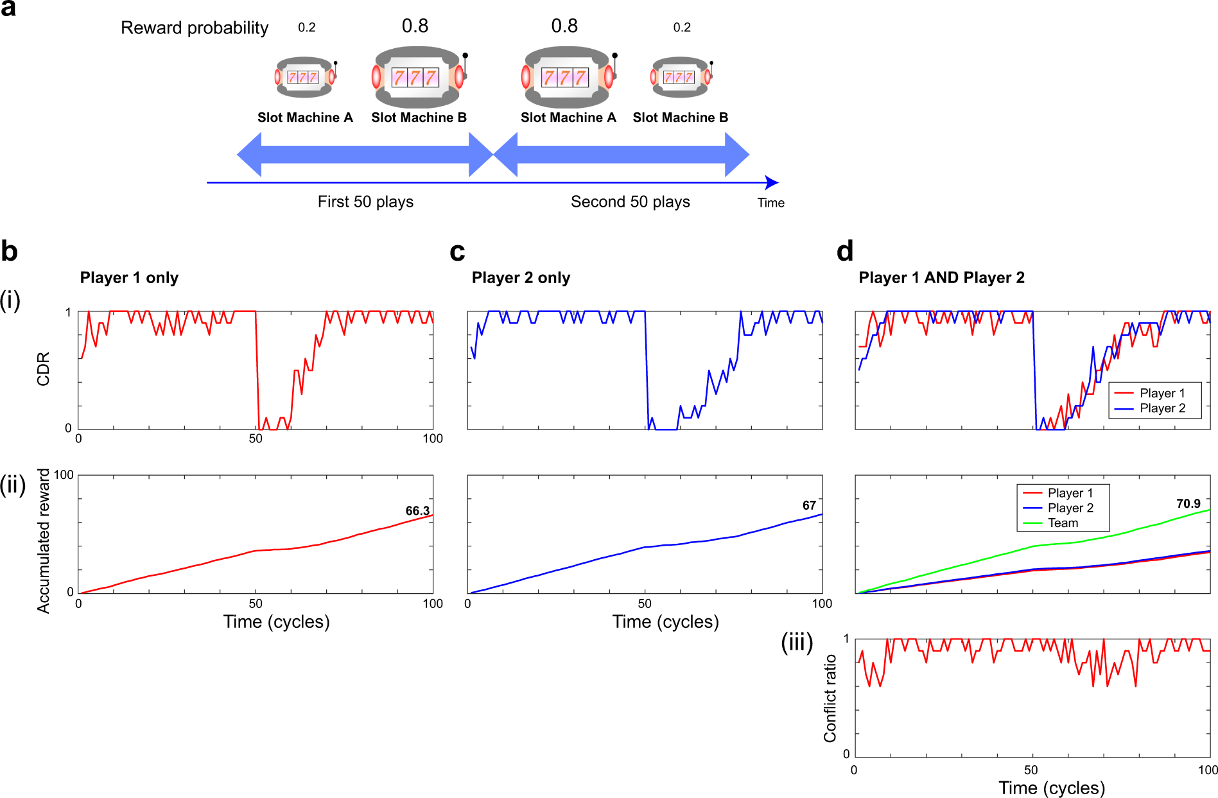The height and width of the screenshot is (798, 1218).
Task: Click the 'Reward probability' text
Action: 195,28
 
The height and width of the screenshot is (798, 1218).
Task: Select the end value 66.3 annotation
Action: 417,511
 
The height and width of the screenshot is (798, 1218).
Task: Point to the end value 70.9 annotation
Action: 1188,504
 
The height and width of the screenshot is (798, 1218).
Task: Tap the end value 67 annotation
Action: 809,506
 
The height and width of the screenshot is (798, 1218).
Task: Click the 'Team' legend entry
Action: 1063,523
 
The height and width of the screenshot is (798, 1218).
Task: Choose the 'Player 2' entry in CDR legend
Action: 1162,408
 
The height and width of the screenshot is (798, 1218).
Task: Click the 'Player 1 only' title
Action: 129,278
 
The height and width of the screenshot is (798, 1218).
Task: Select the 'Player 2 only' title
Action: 521,278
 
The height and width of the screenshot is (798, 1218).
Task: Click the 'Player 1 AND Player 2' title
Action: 941,278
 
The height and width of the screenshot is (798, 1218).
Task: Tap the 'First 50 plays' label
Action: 365,202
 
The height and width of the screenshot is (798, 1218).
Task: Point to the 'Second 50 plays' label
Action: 630,202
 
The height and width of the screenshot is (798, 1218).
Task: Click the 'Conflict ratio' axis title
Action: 830,698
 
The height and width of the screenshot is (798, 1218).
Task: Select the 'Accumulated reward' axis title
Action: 43,541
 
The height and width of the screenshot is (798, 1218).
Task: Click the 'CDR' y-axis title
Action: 43,369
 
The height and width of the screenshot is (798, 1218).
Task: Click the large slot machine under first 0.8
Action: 418,78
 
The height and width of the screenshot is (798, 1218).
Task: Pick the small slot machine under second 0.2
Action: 681,78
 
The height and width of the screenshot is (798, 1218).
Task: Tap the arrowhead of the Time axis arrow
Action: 773,183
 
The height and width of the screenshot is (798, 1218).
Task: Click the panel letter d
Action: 845,251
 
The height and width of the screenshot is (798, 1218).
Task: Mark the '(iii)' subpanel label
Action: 797,642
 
